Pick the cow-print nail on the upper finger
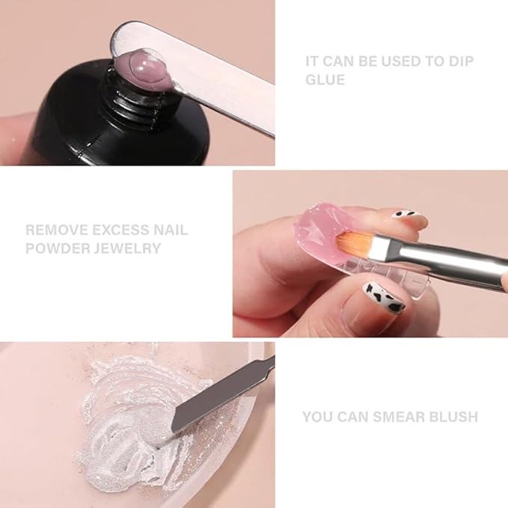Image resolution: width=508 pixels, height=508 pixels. [408, 218]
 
